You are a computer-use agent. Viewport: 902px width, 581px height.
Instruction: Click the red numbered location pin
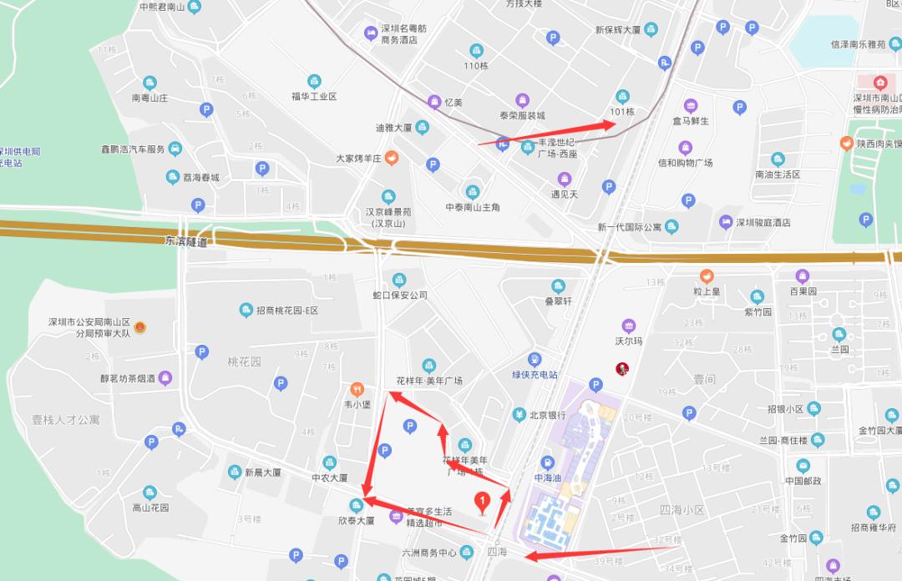481,502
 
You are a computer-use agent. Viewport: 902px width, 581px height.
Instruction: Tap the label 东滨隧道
185,242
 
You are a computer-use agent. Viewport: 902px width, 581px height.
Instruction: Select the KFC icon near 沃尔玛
622,368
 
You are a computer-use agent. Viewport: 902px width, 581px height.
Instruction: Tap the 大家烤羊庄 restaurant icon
391,158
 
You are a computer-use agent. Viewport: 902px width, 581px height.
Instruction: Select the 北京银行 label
547,415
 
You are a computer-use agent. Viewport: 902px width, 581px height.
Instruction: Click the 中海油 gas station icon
547,462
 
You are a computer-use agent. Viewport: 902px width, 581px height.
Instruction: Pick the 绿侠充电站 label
535,375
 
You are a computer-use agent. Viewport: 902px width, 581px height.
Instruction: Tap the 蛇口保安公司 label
399,295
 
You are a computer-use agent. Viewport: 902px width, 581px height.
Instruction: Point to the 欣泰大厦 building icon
357,504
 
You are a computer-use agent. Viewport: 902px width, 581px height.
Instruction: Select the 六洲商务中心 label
429,553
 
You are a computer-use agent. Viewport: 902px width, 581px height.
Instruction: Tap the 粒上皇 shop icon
707,275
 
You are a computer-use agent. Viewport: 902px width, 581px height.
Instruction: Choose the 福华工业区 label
314,97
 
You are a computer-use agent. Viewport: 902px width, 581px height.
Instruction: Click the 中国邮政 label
803,481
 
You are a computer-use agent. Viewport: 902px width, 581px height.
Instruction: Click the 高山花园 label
150,508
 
